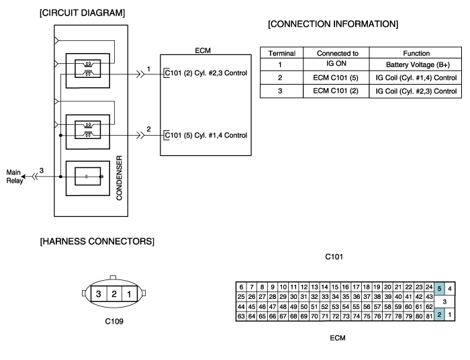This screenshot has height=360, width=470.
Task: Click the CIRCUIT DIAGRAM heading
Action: (82, 13)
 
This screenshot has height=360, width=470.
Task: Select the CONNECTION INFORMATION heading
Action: (333, 24)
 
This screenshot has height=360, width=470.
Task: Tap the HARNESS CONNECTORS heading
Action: (97, 241)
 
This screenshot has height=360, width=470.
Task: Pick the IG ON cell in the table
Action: (336, 64)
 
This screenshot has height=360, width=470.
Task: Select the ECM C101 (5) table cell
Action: (336, 78)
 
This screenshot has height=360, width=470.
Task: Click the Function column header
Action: (416, 53)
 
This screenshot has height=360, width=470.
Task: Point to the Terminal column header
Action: (282, 53)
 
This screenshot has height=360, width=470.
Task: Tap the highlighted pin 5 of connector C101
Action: (439, 289)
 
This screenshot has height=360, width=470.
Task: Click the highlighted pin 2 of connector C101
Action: (439, 315)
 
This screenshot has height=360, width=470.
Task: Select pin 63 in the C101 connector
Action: (241, 316)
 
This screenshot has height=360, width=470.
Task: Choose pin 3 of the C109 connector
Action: (98, 294)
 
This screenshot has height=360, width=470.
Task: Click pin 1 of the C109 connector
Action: (129, 294)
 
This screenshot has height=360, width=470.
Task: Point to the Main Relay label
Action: (14, 177)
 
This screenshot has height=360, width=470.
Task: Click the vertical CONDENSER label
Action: (120, 178)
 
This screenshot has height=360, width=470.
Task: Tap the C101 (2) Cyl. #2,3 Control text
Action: (206, 73)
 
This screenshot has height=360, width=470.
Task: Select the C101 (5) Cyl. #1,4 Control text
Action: (206, 135)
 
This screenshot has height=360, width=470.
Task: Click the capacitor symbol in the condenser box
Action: (87, 177)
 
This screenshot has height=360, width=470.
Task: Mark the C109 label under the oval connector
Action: (114, 321)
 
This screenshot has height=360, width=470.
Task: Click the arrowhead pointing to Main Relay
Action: (23, 177)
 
